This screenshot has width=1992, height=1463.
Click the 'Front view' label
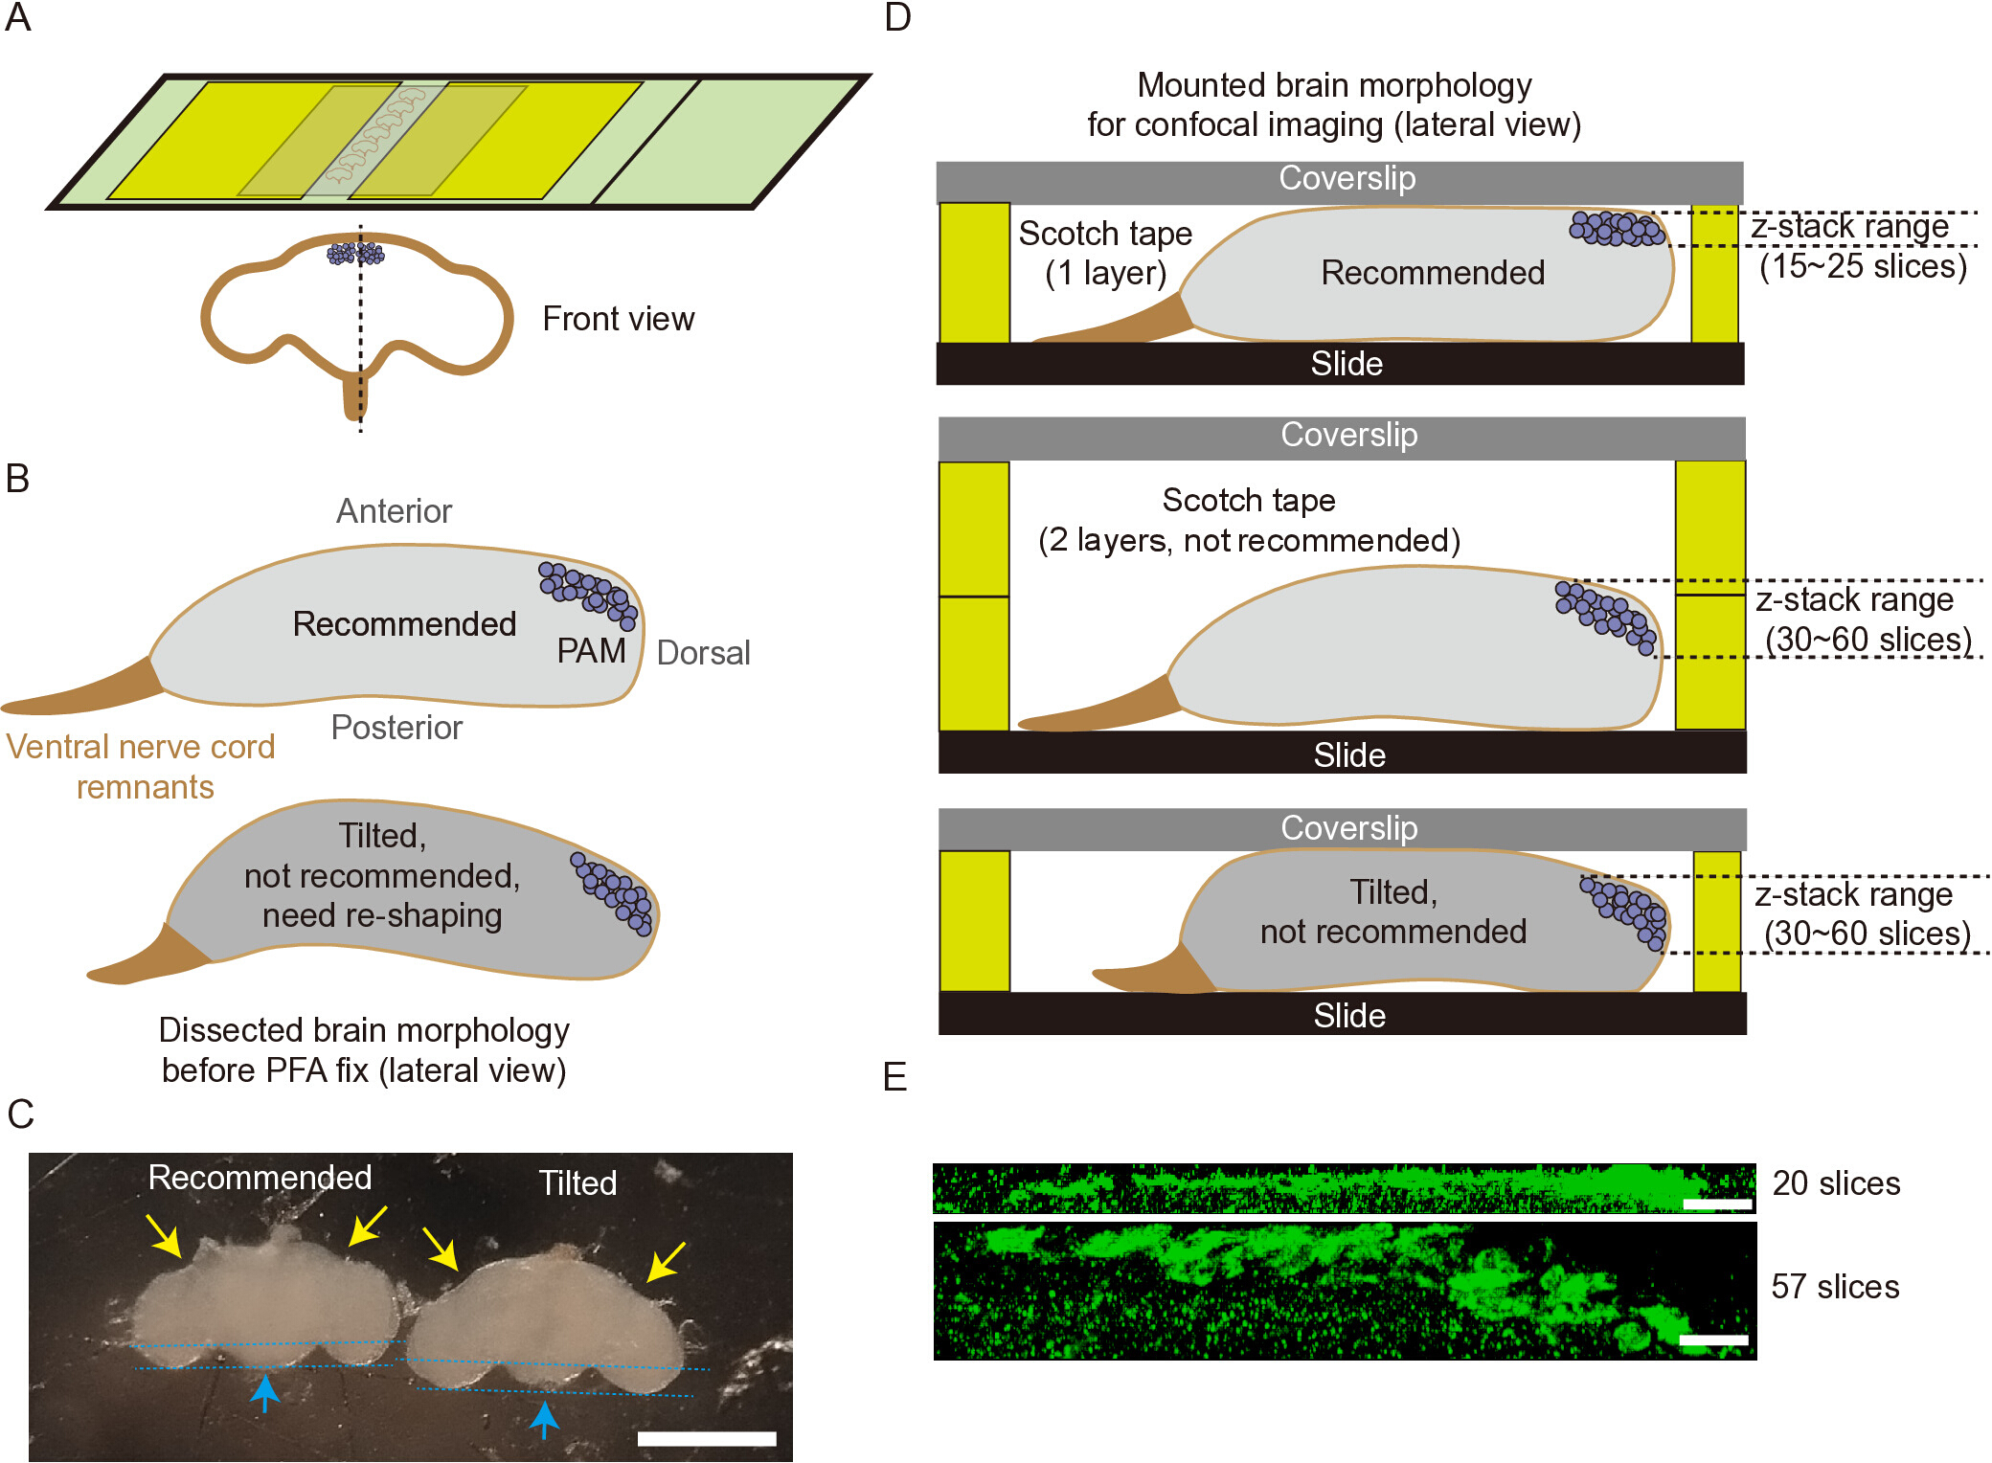coord(619,319)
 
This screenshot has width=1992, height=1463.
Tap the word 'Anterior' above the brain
coord(394,511)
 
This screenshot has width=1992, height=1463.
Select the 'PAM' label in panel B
coord(591,651)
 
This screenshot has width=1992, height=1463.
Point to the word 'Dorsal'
coord(703,653)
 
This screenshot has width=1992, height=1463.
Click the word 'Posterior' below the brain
coord(396,728)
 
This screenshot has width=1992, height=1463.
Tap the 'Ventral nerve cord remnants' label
coord(141,766)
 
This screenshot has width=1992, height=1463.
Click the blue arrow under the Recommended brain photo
coord(264,1392)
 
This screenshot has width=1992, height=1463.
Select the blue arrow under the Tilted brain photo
coord(544,1419)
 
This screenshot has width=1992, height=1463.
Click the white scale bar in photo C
coord(707,1438)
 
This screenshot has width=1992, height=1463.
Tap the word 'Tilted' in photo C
coord(577,1183)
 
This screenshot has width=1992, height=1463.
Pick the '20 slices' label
coord(1836,1183)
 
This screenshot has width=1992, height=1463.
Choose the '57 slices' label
coord(1835,1287)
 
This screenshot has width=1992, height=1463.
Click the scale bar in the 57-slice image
coord(1714,1340)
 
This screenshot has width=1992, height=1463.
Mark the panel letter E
coord(894,1078)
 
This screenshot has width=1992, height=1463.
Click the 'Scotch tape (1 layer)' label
coord(1105,253)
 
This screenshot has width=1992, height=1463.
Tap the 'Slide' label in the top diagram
coord(1347,364)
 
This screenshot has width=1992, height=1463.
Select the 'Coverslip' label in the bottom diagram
coord(1349,828)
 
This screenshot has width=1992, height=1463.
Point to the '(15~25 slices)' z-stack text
coord(1863,266)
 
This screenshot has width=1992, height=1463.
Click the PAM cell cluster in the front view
coord(355,254)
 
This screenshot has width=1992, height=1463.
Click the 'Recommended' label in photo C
coord(260,1178)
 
